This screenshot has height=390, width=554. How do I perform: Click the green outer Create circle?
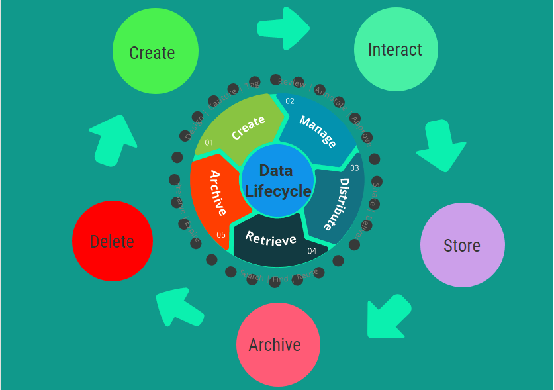(x=156, y=52)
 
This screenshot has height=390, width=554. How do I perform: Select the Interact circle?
(x=396, y=50)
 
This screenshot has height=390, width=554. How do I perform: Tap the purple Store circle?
(x=462, y=245)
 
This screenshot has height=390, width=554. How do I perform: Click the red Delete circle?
(x=113, y=241)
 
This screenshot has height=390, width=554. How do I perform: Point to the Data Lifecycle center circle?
(x=277, y=181)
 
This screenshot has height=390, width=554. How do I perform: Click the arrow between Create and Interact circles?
(x=283, y=28)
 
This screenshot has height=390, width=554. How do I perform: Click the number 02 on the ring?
(x=290, y=101)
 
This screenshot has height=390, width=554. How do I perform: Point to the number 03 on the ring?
(x=354, y=168)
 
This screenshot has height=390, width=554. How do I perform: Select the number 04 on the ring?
(x=312, y=251)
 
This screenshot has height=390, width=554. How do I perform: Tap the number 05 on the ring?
(x=220, y=234)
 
